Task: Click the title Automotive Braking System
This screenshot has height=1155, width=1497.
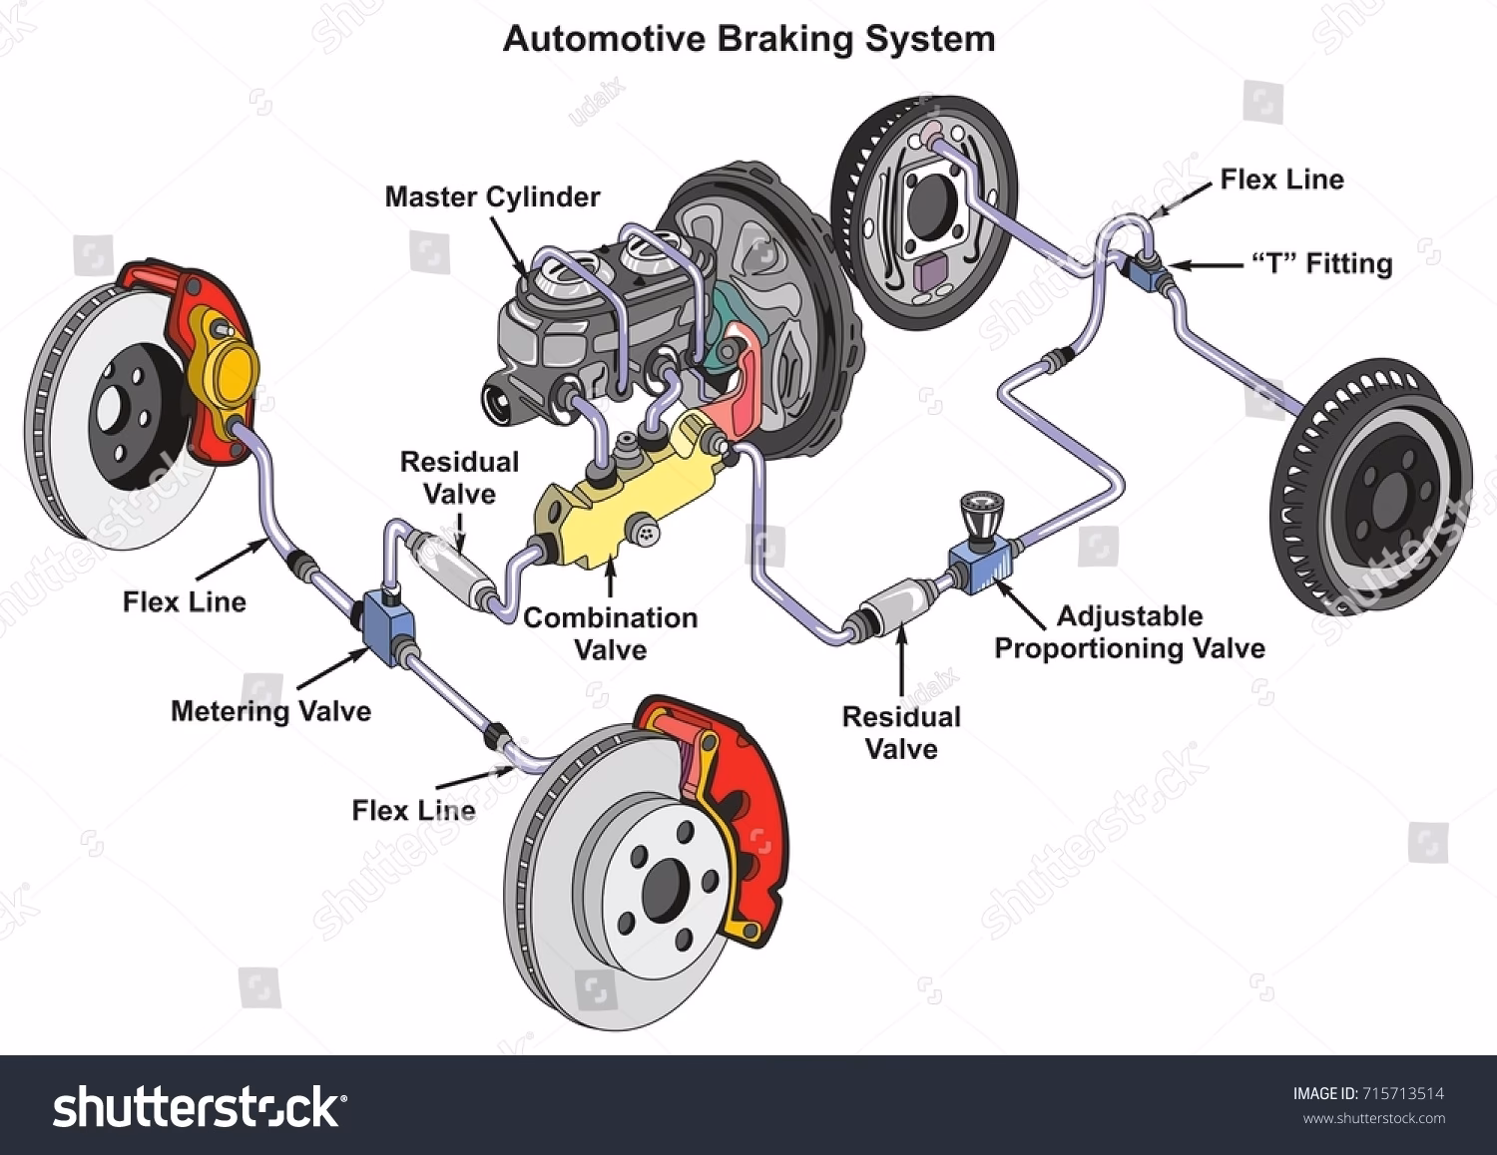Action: (x=748, y=39)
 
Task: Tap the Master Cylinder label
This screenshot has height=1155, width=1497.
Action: (x=492, y=196)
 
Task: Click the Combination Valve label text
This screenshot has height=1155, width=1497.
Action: (x=610, y=633)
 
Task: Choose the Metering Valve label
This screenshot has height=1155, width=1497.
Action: (x=270, y=711)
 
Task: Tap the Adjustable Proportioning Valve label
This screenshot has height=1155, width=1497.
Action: (x=1129, y=632)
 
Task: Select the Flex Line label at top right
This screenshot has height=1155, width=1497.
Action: (x=1281, y=180)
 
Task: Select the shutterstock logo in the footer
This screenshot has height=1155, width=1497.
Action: (x=200, y=1107)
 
